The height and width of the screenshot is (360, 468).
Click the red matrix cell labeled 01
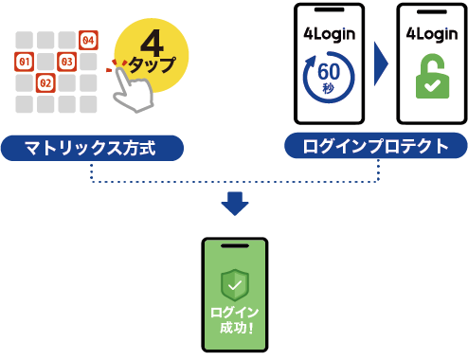pyautogui.click(x=25, y=62)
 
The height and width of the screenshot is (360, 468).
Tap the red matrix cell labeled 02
pyautogui.click(x=45, y=83)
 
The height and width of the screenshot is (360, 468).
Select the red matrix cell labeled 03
pyautogui.click(x=66, y=62)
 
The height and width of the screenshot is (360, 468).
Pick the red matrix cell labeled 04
pyautogui.click(x=88, y=40)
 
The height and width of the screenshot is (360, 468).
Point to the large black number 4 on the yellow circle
pyautogui.click(x=152, y=43)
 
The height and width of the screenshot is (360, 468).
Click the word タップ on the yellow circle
pyautogui.click(x=153, y=64)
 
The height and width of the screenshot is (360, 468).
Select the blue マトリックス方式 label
pyautogui.click(x=92, y=148)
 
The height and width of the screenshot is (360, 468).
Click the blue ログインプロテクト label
pyautogui.click(x=376, y=146)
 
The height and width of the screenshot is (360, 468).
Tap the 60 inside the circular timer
pyautogui.click(x=329, y=71)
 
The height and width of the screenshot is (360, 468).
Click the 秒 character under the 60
pyautogui.click(x=329, y=88)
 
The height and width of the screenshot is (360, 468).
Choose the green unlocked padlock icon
pyautogui.click(x=432, y=76)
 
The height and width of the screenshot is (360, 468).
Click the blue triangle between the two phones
pyautogui.click(x=381, y=63)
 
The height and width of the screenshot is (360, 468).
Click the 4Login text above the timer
pyautogui.click(x=329, y=34)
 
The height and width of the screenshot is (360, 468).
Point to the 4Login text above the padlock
pyautogui.click(x=432, y=34)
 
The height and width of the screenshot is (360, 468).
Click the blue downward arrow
pyautogui.click(x=235, y=204)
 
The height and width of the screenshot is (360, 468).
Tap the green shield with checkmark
pyautogui.click(x=235, y=285)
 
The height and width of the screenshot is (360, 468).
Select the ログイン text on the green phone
pyautogui.click(x=234, y=313)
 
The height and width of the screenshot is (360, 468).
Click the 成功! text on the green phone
pyautogui.click(x=236, y=328)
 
